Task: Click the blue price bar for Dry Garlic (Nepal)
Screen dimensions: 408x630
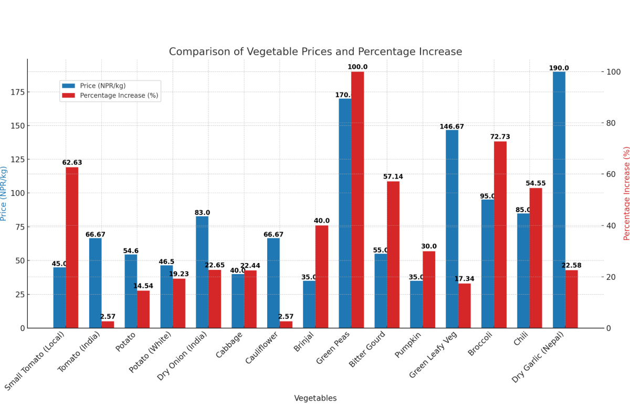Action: (x=559, y=200)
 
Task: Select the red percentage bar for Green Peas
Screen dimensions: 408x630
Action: (x=358, y=200)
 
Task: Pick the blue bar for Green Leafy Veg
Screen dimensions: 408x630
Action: (x=452, y=228)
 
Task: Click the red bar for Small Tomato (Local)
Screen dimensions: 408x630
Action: (x=72, y=247)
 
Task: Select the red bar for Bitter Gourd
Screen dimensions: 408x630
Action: (x=393, y=254)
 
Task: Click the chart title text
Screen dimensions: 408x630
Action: (x=315, y=52)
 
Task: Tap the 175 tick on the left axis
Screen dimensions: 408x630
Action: (x=17, y=92)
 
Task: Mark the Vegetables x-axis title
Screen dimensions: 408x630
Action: (x=315, y=398)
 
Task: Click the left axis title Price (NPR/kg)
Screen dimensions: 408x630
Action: (x=4, y=193)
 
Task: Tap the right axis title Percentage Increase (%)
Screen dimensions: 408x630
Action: (x=626, y=193)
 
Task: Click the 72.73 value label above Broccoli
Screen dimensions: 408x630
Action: (x=500, y=137)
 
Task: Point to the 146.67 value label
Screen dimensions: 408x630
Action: (x=451, y=127)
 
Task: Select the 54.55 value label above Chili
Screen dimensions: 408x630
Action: (x=535, y=184)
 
